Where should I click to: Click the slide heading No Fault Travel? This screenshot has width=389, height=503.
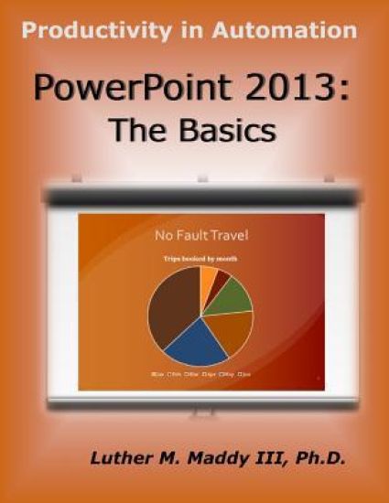click(200, 237)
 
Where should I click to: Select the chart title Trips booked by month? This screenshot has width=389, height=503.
click(200, 259)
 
